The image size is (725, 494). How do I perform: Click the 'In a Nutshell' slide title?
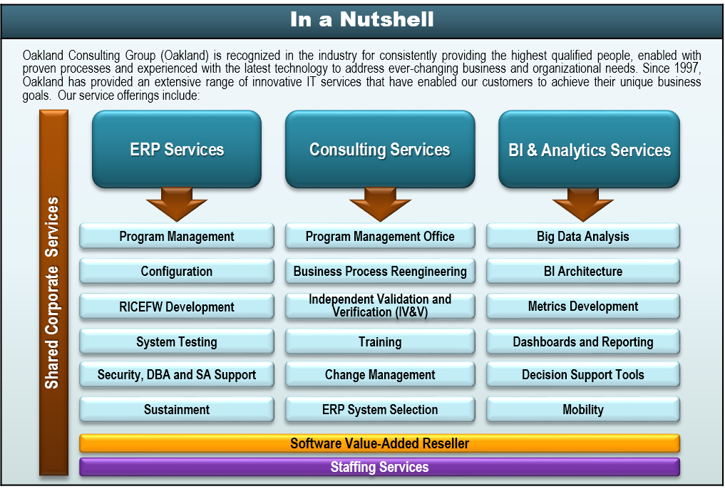(361, 19)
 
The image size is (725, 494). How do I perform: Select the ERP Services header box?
(177, 149)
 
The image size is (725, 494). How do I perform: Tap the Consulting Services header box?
(379, 149)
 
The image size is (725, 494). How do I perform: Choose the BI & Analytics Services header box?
(589, 150)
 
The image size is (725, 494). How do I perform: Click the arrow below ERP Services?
(176, 204)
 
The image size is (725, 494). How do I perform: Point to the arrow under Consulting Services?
(379, 204)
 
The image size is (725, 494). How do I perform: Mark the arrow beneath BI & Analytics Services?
(582, 204)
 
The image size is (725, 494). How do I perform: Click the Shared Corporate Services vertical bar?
(53, 292)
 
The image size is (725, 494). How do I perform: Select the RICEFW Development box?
(176, 307)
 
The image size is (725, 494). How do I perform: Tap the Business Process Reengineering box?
(379, 271)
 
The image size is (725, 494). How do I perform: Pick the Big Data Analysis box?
(582, 237)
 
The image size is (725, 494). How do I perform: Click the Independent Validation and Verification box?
(379, 306)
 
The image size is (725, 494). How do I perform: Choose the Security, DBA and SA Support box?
(176, 374)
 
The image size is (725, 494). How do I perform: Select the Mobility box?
(582, 409)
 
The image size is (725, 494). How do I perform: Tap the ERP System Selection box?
(379, 409)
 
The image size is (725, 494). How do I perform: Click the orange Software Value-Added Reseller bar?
(379, 443)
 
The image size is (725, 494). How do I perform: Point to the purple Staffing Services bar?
(379, 468)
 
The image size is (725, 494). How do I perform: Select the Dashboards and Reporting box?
(582, 341)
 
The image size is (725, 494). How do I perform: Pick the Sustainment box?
(176, 409)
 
